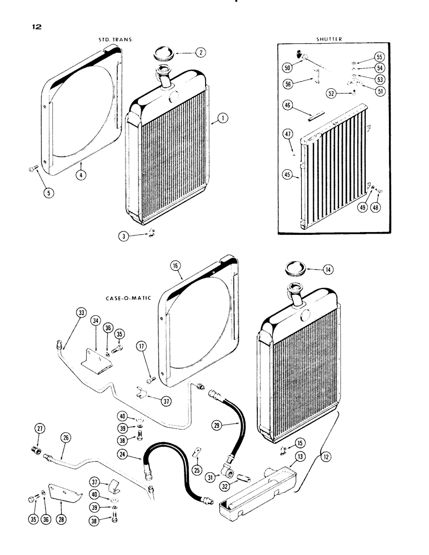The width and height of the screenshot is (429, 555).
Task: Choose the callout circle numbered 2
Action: pyautogui.click(x=200, y=53)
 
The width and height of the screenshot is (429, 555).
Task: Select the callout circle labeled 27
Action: pyautogui.click(x=40, y=428)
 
